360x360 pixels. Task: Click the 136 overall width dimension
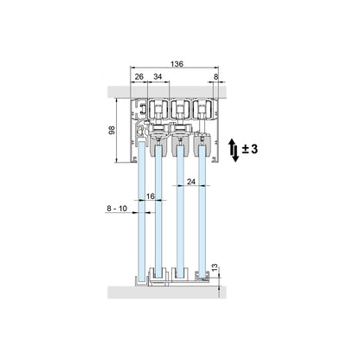pos(177,64)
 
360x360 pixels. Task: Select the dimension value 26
pos(139,76)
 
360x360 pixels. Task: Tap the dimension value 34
pos(157,76)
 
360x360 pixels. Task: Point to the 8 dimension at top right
pos(216,76)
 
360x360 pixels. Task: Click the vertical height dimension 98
pos(112,131)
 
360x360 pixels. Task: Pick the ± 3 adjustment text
pos(250,149)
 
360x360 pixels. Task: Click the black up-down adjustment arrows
pos(234,150)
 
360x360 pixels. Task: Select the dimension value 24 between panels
pos(191,182)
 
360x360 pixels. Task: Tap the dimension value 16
pos(151,196)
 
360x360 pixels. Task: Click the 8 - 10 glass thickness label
pos(117,209)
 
